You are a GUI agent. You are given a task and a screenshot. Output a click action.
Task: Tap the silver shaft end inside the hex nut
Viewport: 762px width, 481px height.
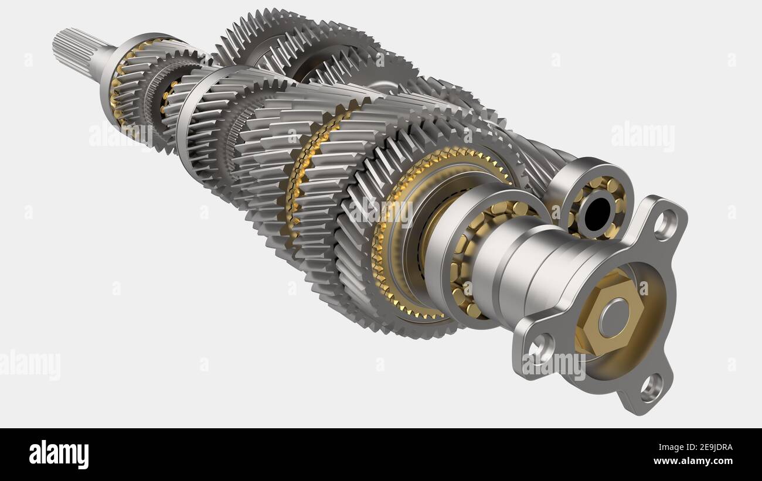pos(613,318)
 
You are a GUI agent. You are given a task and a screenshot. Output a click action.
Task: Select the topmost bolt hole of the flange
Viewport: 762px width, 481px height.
pos(665,224)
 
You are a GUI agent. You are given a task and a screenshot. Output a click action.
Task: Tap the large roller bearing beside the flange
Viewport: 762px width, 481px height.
pos(469,258)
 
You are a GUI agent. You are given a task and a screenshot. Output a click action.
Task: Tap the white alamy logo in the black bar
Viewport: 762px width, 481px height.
pos(59,455)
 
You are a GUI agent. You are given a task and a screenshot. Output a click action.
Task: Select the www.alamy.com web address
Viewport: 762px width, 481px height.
pos(694,461)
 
